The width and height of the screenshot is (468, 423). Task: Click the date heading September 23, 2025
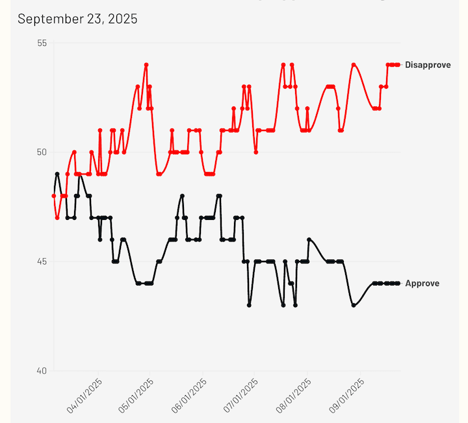[x=77, y=19]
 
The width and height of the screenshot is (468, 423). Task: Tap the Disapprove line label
[x=427, y=65]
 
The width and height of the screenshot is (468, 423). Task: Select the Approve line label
[x=422, y=284]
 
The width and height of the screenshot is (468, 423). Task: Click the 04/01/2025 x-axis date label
[x=84, y=396]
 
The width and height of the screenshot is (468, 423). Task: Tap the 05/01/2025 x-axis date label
[x=137, y=396]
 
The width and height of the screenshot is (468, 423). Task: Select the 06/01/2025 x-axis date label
[x=190, y=396]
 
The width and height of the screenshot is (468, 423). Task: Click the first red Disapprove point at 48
[x=54, y=196]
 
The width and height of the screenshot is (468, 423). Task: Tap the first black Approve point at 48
[x=54, y=196]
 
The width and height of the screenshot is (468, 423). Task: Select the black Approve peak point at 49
[x=57, y=174]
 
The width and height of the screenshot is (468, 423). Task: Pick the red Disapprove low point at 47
[x=57, y=218]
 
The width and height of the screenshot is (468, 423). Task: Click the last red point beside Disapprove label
[x=398, y=65]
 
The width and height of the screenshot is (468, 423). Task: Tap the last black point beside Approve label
[x=398, y=284]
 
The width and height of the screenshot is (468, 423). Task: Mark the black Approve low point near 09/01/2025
[x=354, y=305]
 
